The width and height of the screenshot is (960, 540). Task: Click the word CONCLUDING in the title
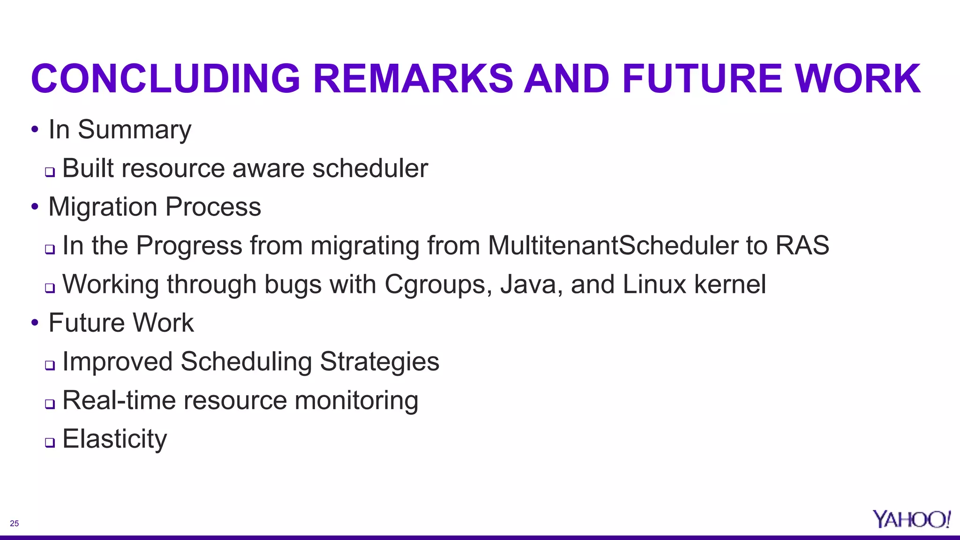(165, 79)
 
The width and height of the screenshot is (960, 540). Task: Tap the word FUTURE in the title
(702, 79)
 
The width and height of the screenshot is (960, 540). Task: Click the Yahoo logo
(911, 519)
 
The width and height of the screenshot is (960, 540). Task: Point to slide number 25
(15, 524)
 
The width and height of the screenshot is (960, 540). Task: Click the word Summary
(135, 130)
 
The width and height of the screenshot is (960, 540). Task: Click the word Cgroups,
(438, 285)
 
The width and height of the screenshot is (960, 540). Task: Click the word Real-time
(119, 400)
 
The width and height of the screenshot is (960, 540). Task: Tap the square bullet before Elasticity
(50, 442)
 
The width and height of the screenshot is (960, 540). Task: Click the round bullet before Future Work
(35, 322)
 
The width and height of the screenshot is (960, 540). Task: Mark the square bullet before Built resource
(50, 172)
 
